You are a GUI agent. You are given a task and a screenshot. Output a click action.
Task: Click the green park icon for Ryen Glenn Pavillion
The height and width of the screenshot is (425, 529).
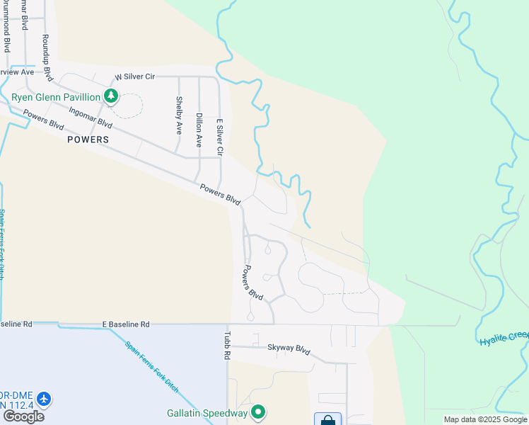coord(110,96)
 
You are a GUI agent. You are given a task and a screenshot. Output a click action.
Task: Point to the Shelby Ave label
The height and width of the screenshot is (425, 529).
coord(179,115)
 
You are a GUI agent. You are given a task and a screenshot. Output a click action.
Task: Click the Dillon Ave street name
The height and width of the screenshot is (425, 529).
coord(199,130)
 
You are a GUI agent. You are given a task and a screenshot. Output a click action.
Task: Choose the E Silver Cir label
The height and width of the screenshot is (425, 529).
coord(220,137)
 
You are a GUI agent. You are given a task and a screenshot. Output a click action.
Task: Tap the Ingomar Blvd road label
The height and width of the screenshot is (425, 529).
coord(91,116)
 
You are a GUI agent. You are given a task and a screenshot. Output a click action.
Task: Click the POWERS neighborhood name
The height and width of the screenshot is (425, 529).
coord(88,140)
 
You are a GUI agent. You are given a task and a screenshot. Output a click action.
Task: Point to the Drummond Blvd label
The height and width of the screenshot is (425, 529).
coord(6,28)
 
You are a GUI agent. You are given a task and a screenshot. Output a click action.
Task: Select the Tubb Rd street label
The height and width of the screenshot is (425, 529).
coord(228,345)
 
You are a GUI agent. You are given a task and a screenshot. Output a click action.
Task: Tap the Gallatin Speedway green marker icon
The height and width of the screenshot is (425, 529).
coord(258,412)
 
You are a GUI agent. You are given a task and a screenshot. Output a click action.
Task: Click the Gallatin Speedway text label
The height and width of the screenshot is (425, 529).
coord(207,413)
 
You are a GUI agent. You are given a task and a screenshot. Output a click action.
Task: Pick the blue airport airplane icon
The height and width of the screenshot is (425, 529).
coord(44,399)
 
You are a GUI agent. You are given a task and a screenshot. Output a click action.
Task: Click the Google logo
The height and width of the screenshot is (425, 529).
coord(23,416)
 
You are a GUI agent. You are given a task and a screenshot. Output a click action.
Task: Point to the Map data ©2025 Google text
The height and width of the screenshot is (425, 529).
coord(485,419)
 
